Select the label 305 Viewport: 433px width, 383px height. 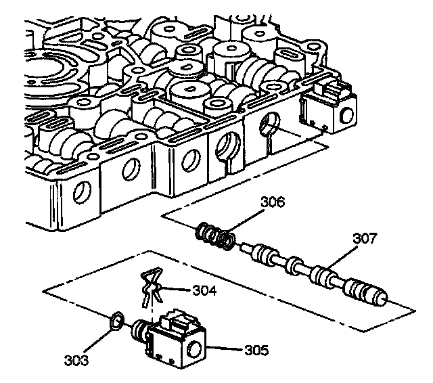255,351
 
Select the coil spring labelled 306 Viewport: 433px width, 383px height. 216,237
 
